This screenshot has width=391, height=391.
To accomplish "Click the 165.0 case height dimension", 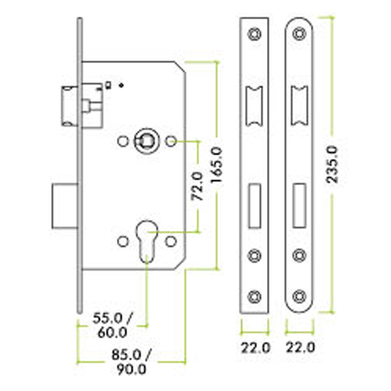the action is click(x=216, y=165).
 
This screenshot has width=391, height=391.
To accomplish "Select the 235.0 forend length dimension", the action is click(x=332, y=165).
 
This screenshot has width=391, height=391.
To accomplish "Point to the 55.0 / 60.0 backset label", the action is click(x=113, y=325).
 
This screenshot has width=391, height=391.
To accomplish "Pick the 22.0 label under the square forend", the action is click(x=255, y=348).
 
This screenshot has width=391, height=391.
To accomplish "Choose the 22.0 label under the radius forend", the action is click(x=300, y=347).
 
